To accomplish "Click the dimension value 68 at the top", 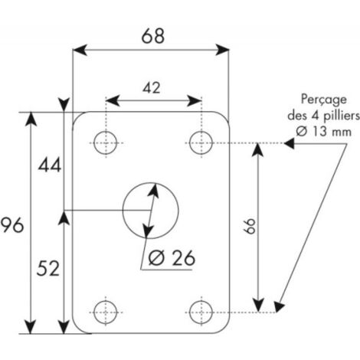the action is click(153, 36).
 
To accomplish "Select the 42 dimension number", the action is click(152, 88).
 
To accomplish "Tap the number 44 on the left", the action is click(50, 165).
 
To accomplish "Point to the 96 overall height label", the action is click(12, 225).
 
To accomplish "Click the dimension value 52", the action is click(48, 268).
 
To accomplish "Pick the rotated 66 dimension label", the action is click(249, 226).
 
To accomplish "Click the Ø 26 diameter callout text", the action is click(172, 257).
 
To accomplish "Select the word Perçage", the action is click(324, 100).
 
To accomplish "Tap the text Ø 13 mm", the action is click(323, 132).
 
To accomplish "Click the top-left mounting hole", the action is click(106, 142).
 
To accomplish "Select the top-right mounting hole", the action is click(201, 142).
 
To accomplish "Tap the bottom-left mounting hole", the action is click(106, 313).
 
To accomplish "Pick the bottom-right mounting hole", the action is click(201, 313).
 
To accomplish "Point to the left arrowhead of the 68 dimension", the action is click(80, 50).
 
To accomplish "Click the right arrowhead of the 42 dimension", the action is click(195, 101).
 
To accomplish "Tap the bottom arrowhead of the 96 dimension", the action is click(31, 326).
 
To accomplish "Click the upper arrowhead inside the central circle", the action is click(153, 191).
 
